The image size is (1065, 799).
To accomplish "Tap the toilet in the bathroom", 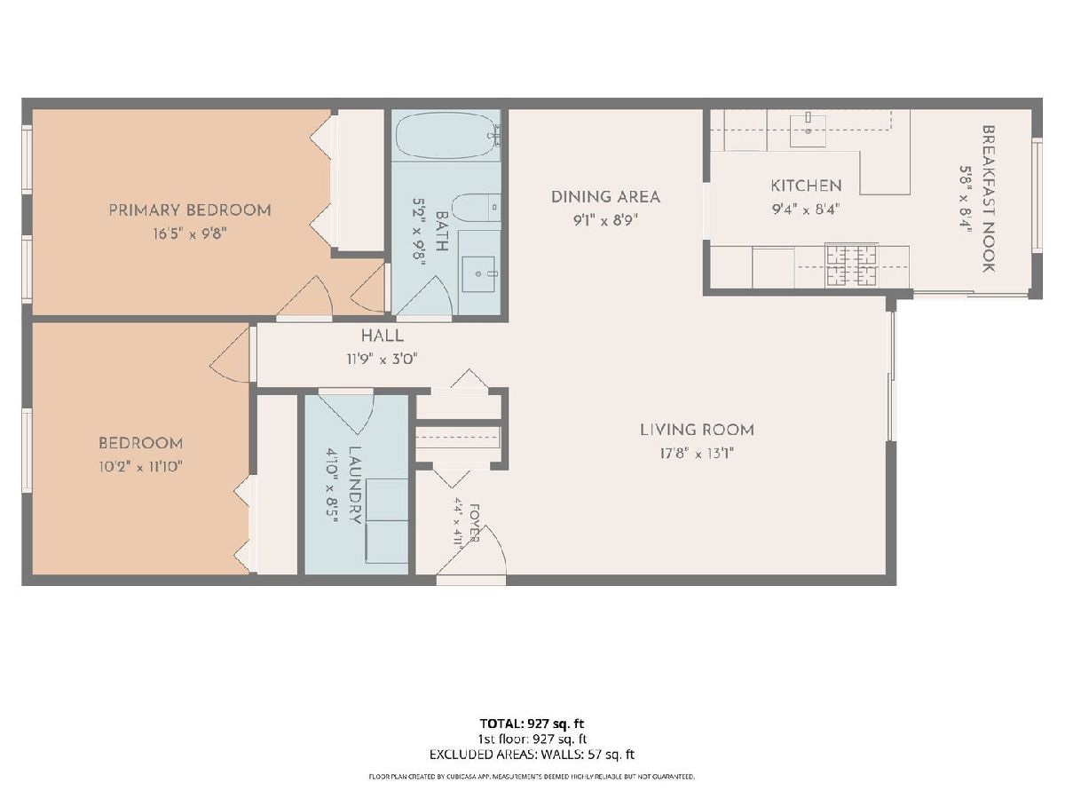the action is (477, 208).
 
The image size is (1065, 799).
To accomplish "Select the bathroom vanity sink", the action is (478, 273).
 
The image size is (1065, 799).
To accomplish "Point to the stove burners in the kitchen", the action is (852, 265).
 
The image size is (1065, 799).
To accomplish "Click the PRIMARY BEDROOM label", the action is (190, 210).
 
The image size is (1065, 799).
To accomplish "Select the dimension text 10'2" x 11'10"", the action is (140, 467).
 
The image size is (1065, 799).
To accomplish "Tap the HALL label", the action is (383, 336).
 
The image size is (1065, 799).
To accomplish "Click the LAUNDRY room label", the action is (355, 485).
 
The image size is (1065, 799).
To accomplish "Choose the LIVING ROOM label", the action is (698, 430).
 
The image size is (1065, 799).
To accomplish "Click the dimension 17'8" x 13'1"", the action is (697, 454).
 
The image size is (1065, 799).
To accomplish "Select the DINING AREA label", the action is (605, 197).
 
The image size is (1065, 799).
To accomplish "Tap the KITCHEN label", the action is (807, 186).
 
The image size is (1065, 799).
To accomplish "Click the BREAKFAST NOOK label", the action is (989, 199).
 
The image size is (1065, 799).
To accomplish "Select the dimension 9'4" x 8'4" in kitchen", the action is (806, 210).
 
